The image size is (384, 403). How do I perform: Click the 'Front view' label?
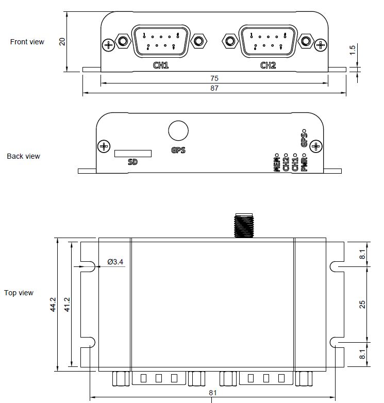[27, 42]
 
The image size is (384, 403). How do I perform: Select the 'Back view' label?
[23, 156]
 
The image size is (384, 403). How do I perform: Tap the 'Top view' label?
[19, 293]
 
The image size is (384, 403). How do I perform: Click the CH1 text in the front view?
[161, 65]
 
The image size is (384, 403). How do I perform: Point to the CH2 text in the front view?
[268, 65]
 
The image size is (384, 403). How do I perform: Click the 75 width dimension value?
[214, 78]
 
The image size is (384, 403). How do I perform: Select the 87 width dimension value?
[214, 89]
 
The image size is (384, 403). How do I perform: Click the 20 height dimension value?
[62, 41]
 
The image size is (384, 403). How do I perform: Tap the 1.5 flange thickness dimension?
[353, 50]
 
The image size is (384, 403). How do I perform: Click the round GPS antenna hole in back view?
[178, 130]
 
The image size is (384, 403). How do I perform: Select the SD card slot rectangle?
[133, 154]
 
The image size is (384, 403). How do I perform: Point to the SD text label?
[132, 162]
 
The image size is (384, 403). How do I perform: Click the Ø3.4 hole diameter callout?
[115, 262]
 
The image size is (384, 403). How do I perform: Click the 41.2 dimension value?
[66, 304]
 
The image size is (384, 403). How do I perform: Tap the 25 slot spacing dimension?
[362, 304]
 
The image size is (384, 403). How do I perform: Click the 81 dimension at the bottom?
[213, 393]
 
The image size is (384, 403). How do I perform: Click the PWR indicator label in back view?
[304, 163]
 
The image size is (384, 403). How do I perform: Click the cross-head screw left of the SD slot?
[104, 147]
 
